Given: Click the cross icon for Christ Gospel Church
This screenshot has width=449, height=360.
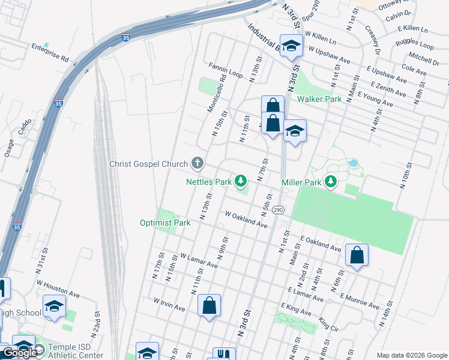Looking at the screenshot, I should tap(197, 163).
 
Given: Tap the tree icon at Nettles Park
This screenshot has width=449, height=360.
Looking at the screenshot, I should tap(241, 180).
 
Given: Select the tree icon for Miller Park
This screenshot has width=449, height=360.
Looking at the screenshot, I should tap(330, 181).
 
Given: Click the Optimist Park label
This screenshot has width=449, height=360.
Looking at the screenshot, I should tap(165, 223).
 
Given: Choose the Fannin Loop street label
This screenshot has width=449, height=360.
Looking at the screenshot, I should tap(226, 70).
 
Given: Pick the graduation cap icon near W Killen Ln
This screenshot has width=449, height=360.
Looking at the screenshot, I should tap(291, 46).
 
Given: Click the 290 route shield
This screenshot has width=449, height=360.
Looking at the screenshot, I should tap(277, 210).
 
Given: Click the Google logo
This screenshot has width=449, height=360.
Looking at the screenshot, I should tap(20, 353).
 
